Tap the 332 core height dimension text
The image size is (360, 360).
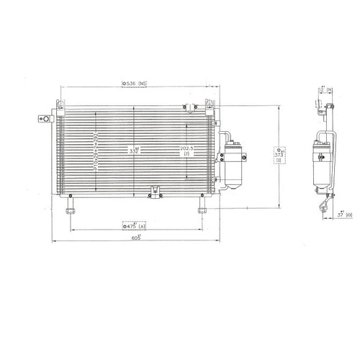click(x=134, y=151)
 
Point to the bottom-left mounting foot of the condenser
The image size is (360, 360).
click(x=71, y=210)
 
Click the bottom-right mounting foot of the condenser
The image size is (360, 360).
click(x=203, y=210)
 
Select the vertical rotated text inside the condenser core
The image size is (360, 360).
click(x=95, y=151)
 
